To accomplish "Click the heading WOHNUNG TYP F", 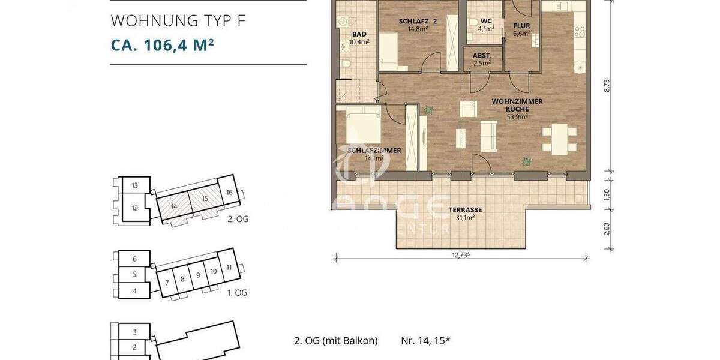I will (x=178, y=21).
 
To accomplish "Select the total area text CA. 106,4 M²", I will (x=163, y=46).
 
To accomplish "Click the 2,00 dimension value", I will (x=607, y=229).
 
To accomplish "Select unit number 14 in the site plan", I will (x=174, y=206).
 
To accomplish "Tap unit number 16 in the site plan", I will (x=229, y=193).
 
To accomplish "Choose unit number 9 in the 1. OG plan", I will (x=198, y=275).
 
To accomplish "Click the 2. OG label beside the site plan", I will (x=238, y=220).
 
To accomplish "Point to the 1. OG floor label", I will (x=238, y=293).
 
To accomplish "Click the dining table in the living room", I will (x=559, y=139).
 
